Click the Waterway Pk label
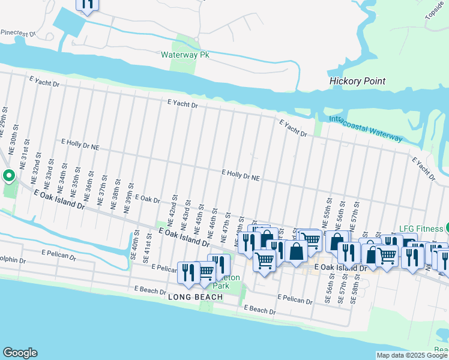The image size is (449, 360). pos(184,55)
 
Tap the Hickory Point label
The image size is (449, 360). pos(357,81)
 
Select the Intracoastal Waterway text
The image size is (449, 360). pos(366,128)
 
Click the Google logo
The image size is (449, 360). pos(20,352)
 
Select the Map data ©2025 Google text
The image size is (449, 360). pos(412,355)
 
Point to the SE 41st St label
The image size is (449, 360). pos(148,251)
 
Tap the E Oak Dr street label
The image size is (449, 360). pos(147,199)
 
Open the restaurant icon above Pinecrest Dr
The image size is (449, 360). pos(88,4)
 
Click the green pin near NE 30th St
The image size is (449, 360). pos(9,176)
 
